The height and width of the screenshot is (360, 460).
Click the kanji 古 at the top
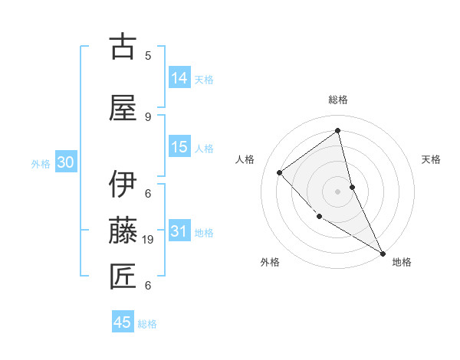123,47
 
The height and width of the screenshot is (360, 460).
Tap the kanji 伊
123,185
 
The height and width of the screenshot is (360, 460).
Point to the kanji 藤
123,230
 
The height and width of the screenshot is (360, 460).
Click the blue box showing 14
179,78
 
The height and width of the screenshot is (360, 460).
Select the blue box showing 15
179,147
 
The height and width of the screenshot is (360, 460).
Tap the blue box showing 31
179,231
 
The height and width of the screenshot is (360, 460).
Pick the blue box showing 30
65,162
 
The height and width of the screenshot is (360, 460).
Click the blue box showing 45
123,322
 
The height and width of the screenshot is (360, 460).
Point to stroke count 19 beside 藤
149,240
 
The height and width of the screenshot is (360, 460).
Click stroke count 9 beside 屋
147,116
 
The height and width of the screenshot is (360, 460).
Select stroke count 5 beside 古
147,55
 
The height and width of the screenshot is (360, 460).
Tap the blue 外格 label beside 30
41,164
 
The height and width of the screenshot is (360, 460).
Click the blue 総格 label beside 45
147,324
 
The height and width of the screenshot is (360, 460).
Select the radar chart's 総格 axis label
338,100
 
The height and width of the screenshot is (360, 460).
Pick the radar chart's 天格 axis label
432,159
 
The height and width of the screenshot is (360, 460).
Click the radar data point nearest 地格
382,252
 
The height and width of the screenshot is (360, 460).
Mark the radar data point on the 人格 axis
280,172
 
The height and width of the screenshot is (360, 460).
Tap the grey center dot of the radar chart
338,191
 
